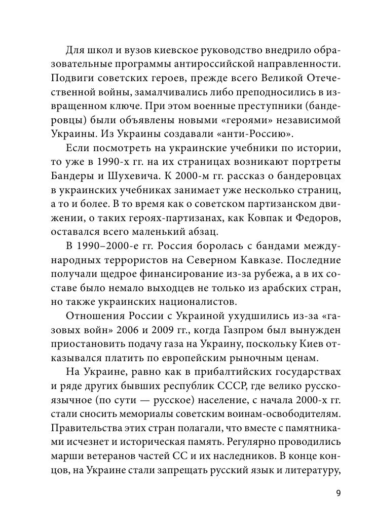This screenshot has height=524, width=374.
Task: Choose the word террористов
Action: (115, 260)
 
